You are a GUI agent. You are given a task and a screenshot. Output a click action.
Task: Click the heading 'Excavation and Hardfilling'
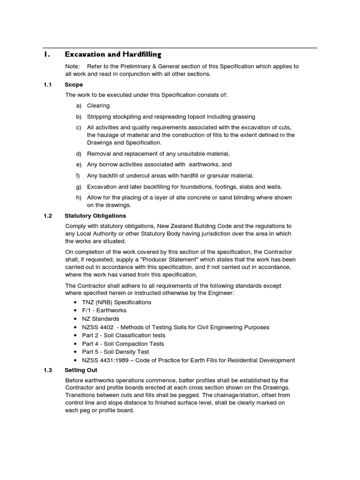click(113, 54)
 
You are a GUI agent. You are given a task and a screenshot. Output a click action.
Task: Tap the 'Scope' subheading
click(74, 85)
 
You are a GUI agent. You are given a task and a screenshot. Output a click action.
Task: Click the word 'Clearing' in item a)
click(98, 106)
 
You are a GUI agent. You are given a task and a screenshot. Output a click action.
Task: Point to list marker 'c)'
click(78, 127)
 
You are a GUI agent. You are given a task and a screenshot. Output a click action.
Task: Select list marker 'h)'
click(78, 197)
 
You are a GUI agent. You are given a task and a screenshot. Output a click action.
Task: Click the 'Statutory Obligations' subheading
click(95, 216)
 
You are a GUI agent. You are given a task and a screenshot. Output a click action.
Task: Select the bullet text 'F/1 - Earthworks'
click(104, 310)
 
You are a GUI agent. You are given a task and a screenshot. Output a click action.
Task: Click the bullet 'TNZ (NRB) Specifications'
click(116, 302)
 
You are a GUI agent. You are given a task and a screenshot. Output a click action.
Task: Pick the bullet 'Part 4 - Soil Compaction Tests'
click(123, 344)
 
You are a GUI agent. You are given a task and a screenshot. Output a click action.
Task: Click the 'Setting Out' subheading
click(81, 370)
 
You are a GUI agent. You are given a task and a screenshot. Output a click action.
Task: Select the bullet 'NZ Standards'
click(100, 319)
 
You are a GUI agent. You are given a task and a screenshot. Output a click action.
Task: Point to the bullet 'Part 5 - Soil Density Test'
click(115, 352)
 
